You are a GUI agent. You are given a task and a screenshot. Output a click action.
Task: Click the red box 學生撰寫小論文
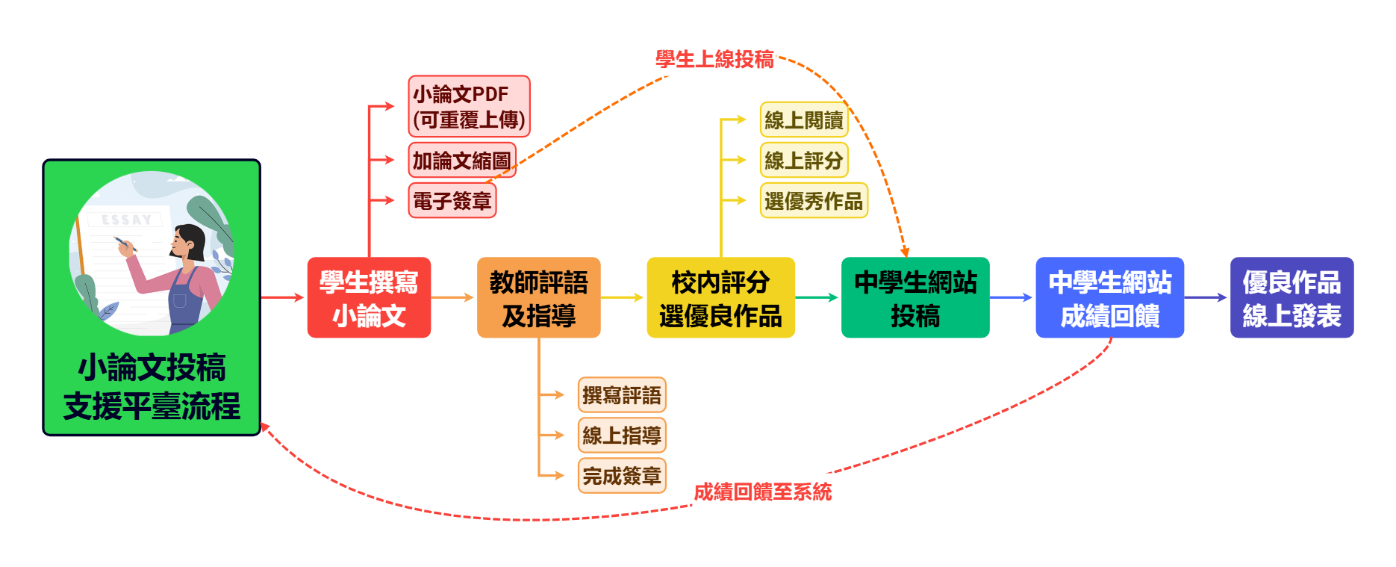click(x=369, y=298)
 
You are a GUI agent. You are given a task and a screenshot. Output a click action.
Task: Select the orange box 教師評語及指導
click(x=538, y=298)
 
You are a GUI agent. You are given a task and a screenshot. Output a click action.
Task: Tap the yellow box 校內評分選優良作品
click(x=720, y=298)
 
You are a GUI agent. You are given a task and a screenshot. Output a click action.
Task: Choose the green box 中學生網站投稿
click(x=915, y=298)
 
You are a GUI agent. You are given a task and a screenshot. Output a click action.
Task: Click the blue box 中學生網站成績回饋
click(x=1109, y=298)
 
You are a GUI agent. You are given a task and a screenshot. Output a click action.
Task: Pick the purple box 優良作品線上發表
click(x=1291, y=298)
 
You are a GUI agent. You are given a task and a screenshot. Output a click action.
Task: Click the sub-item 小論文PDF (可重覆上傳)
click(x=469, y=106)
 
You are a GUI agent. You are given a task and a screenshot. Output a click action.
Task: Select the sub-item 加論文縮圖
click(x=462, y=160)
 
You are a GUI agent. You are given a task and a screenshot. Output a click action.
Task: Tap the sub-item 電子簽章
click(x=452, y=200)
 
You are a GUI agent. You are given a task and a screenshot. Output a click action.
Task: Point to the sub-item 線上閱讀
click(x=804, y=120)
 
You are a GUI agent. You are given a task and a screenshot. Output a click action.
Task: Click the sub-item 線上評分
click(x=804, y=160)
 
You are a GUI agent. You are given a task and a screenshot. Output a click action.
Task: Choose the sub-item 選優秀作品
click(x=814, y=200)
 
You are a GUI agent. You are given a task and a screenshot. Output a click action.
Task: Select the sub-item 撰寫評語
click(x=622, y=394)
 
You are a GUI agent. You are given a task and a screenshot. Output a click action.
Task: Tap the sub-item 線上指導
click(x=622, y=435)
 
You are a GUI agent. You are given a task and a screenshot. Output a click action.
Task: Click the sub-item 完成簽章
click(x=622, y=475)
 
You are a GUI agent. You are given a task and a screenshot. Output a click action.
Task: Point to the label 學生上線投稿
click(x=715, y=59)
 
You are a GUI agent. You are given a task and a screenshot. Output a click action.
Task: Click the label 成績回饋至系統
click(x=762, y=492)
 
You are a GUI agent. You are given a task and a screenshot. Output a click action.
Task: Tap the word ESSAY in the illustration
click(x=127, y=220)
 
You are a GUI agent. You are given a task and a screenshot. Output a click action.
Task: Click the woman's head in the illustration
click(x=188, y=241)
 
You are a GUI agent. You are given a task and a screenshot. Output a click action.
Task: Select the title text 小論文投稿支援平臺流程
click(x=152, y=387)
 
